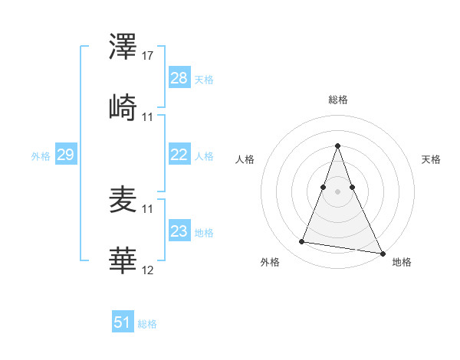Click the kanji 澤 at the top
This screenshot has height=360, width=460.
tap(123, 48)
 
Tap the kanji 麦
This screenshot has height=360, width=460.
tap(123, 201)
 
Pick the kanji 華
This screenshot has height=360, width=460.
tap(123, 261)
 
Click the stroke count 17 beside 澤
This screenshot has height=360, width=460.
tap(148, 56)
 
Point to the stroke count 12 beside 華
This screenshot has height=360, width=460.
tap(148, 270)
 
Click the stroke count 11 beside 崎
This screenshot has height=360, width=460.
tap(148, 117)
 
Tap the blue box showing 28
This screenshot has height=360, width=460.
tap(179, 77)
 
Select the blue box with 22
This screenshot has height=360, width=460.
tap(179, 155)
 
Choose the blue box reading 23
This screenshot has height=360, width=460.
tap(179, 231)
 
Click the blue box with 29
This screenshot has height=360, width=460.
tap(65, 155)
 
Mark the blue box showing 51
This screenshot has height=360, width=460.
tap(123, 322)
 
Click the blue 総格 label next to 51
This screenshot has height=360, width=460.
tap(147, 324)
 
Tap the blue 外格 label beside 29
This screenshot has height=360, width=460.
tap(41, 156)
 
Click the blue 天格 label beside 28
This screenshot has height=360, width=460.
tap(204, 79)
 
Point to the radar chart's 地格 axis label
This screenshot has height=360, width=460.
tap(402, 262)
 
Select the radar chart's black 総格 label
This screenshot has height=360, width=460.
tap(337, 100)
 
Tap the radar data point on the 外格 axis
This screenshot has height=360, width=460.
tap(302, 242)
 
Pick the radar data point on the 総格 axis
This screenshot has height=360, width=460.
tap(337, 146)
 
